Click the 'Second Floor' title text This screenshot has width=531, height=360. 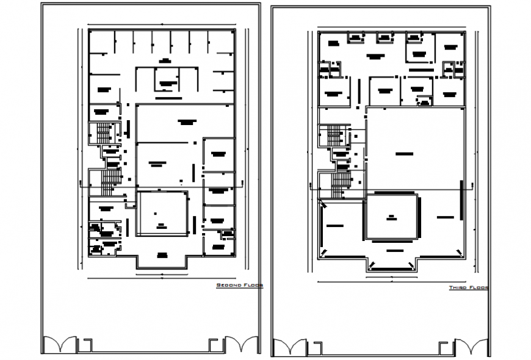point(240,285)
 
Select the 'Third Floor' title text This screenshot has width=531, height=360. point(469,287)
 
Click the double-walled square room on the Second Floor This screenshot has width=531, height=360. point(161,214)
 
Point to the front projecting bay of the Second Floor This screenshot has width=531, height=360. point(162,259)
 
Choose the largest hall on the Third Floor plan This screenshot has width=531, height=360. point(415,149)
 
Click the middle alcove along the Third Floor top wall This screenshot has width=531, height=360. point(385,38)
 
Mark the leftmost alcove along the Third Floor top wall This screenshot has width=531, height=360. point(355,38)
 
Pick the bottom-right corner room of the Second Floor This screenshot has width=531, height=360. point(219,242)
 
